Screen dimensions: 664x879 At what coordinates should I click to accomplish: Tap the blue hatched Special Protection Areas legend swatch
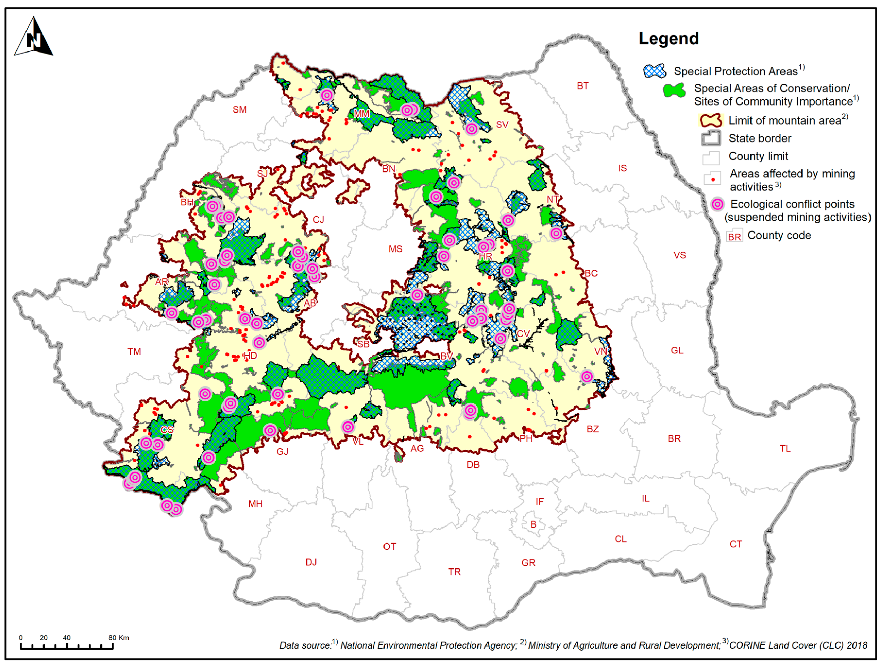click(x=654, y=71)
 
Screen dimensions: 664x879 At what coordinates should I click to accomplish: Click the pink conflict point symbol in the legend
click(x=717, y=204)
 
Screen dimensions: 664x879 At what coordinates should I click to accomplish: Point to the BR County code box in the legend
click(x=734, y=236)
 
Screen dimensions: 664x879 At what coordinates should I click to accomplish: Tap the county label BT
click(x=583, y=86)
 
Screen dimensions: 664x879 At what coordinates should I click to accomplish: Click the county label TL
click(x=785, y=448)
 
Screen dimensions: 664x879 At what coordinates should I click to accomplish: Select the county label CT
click(x=736, y=544)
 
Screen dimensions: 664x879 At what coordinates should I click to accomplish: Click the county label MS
click(x=395, y=249)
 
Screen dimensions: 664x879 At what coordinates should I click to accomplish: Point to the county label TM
click(x=134, y=351)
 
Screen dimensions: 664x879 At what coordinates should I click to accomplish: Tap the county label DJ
click(x=311, y=562)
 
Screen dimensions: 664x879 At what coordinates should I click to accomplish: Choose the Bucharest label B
click(x=533, y=524)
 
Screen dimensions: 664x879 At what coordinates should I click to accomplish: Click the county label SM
click(x=239, y=110)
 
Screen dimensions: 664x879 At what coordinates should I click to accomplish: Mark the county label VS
click(x=679, y=255)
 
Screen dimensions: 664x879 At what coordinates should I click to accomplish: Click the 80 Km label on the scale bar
click(x=118, y=637)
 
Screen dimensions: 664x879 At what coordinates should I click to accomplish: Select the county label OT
click(x=389, y=546)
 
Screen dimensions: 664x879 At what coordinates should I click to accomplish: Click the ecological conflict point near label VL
click(x=348, y=427)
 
